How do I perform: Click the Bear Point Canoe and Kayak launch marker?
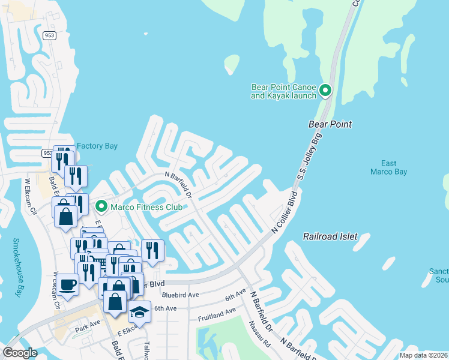325,91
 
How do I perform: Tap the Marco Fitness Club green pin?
101,207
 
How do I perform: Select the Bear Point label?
330,124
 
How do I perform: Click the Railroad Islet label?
330,236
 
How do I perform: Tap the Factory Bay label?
97,146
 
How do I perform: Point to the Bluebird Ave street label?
180,295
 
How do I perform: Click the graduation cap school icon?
139,311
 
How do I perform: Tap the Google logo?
20,353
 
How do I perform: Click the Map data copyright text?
424,355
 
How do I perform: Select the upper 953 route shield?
50,35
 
